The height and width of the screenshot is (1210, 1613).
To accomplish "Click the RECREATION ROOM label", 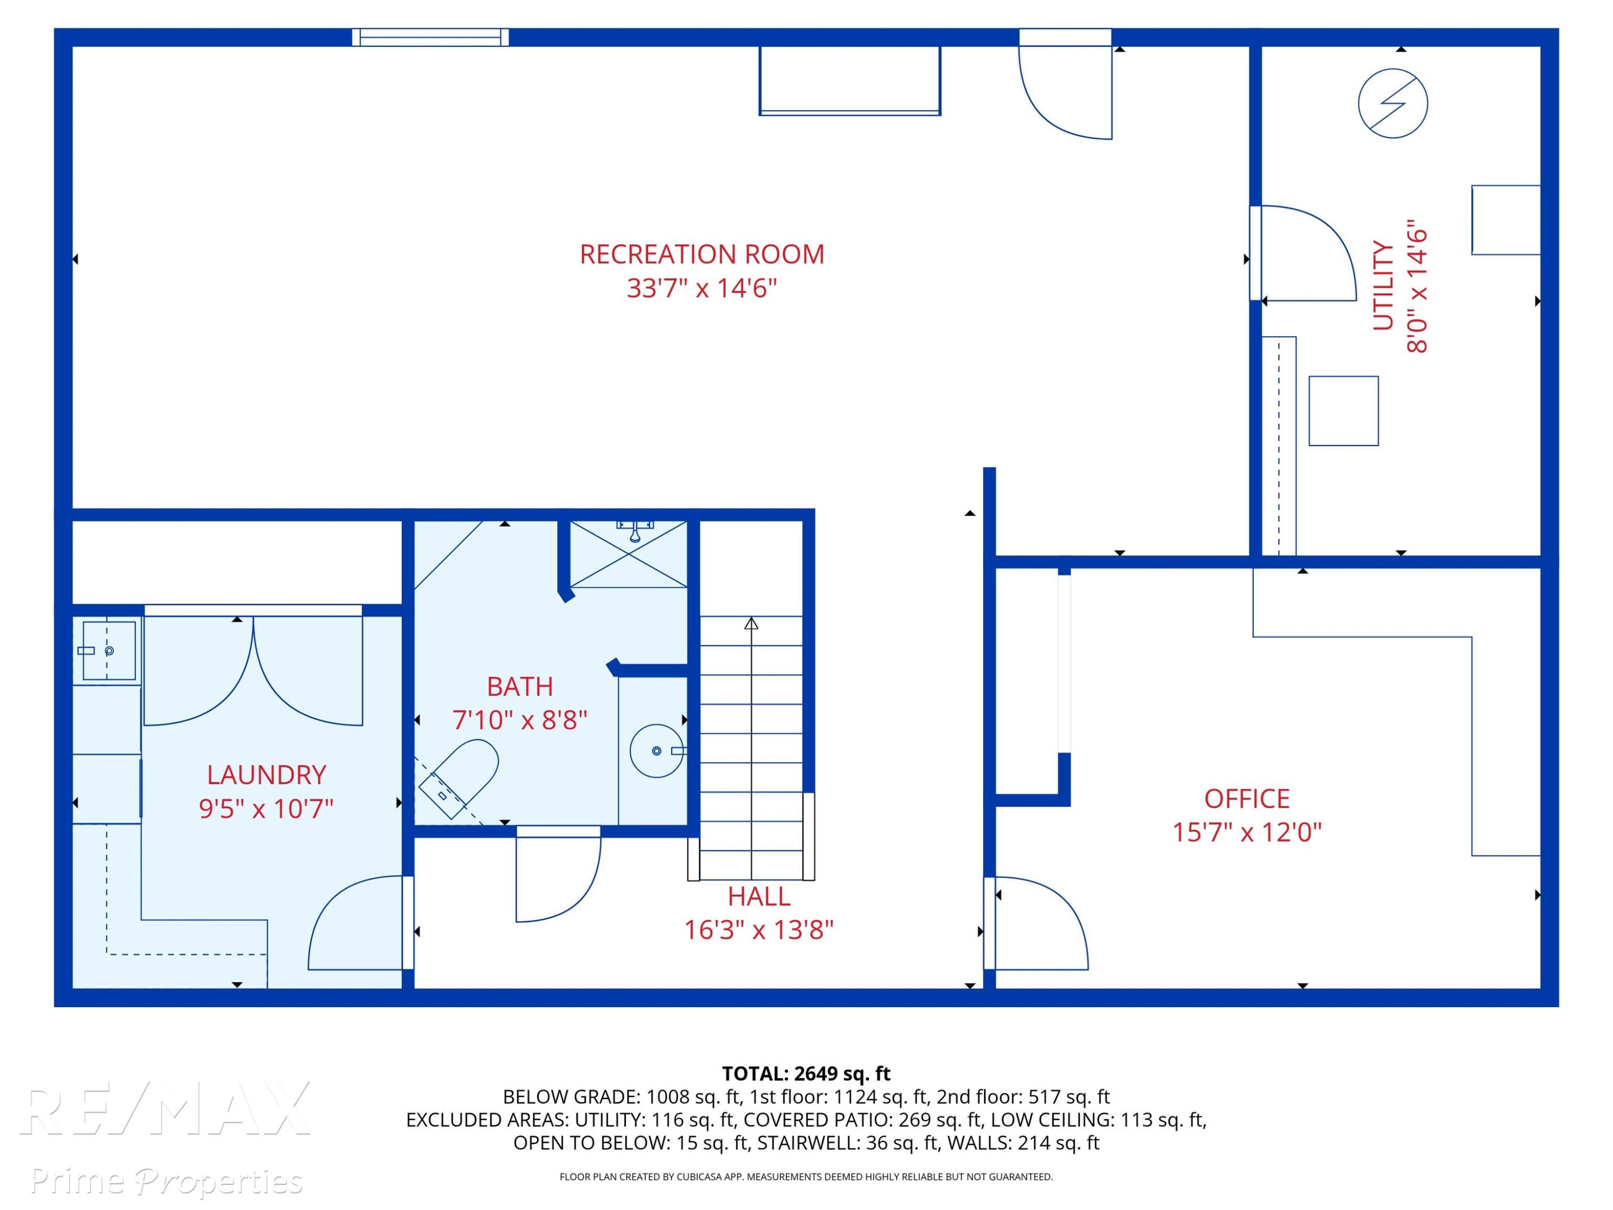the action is tap(702, 254).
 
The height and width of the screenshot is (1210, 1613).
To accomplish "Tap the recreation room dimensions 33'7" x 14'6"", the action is tap(702, 288).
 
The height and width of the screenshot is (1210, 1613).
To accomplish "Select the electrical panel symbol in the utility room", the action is tap(1393, 104).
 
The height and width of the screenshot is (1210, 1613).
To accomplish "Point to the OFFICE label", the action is tap(1247, 799).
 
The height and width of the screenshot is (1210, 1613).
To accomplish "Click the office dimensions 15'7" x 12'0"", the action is tap(1247, 832).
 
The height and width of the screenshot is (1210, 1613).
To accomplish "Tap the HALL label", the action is tap(758, 896).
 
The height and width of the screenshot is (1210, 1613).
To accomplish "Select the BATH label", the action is tap(520, 686).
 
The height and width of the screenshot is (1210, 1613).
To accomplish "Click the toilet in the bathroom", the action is tap(459, 778).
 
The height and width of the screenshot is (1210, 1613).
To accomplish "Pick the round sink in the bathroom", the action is tap(656, 751).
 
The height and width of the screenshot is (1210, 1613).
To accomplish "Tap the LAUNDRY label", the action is tap(266, 774).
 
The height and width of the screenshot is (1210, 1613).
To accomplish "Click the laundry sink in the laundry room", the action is tap(109, 651).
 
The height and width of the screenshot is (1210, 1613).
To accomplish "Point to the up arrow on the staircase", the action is tap(751, 624).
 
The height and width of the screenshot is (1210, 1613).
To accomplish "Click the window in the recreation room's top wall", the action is tap(430, 37).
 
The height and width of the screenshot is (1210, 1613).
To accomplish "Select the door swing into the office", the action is tap(1041, 923).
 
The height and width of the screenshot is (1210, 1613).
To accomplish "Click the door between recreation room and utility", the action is tap(1308, 253).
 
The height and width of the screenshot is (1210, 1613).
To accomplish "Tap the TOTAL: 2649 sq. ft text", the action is tap(806, 1073).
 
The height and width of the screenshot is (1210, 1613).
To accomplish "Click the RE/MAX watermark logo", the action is tap(166, 1108).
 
